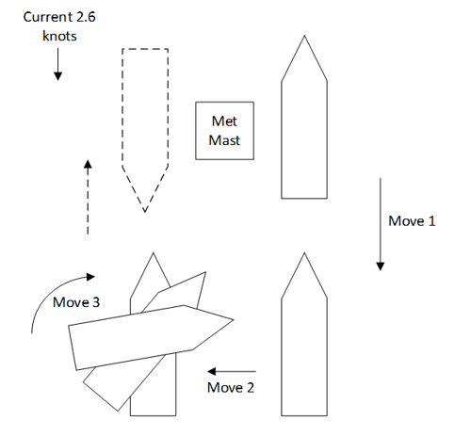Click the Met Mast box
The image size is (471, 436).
tap(224, 131)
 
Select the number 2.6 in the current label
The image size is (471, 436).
tap(86, 17)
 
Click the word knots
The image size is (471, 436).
tap(59, 36)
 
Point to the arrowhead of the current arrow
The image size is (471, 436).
tap(57, 76)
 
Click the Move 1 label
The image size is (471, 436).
tap(412, 221)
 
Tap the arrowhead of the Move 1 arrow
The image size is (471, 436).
tap(381, 266)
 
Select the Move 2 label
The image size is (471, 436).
tap(231, 387)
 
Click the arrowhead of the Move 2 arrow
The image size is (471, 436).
tap(212, 371)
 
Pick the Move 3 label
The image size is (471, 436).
tap(76, 302)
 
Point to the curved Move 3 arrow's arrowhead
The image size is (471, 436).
tap(90, 277)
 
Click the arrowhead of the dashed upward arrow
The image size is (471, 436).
tap(88, 164)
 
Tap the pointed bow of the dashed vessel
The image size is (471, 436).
tap(145, 212)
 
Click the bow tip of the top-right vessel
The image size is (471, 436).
tap(304, 36)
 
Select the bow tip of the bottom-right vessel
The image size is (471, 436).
tap(304, 253)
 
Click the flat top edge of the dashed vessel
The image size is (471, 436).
tap(145, 49)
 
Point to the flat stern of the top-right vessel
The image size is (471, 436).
tap(304, 198)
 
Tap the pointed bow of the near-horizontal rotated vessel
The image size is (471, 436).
tap(234, 320)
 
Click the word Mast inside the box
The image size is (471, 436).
tap(224, 140)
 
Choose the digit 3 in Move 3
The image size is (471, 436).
tap(96, 302)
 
